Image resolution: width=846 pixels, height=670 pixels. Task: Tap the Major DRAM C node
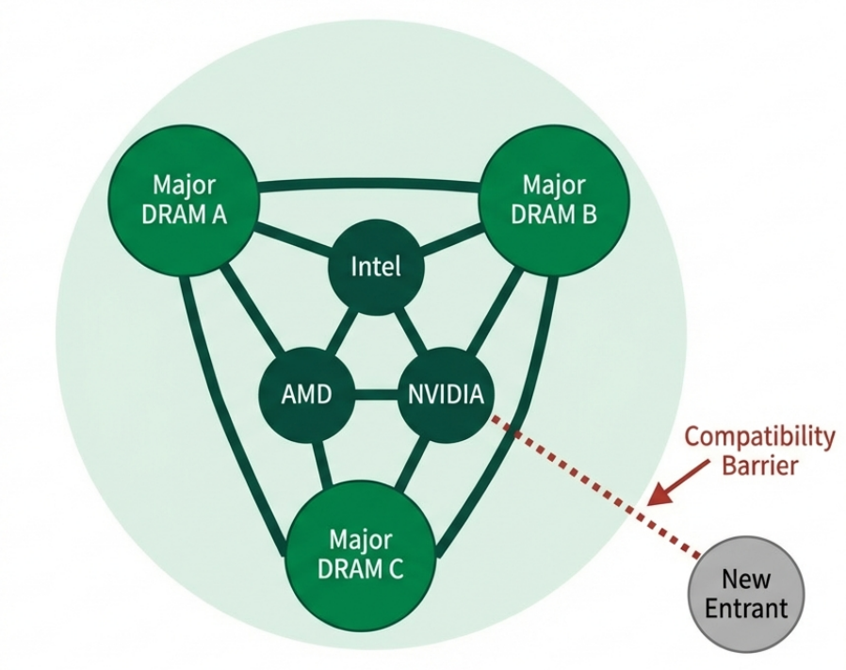click(x=360, y=555)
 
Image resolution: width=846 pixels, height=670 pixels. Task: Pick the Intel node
click(x=376, y=267)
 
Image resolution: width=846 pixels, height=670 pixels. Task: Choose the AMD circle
click(x=307, y=393)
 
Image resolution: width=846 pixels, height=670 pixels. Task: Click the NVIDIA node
click(x=446, y=393)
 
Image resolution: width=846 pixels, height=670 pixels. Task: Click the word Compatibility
click(x=759, y=437)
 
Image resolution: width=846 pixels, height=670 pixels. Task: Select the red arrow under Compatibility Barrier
click(x=679, y=481)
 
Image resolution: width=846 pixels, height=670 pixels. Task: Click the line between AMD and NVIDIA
click(x=376, y=393)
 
